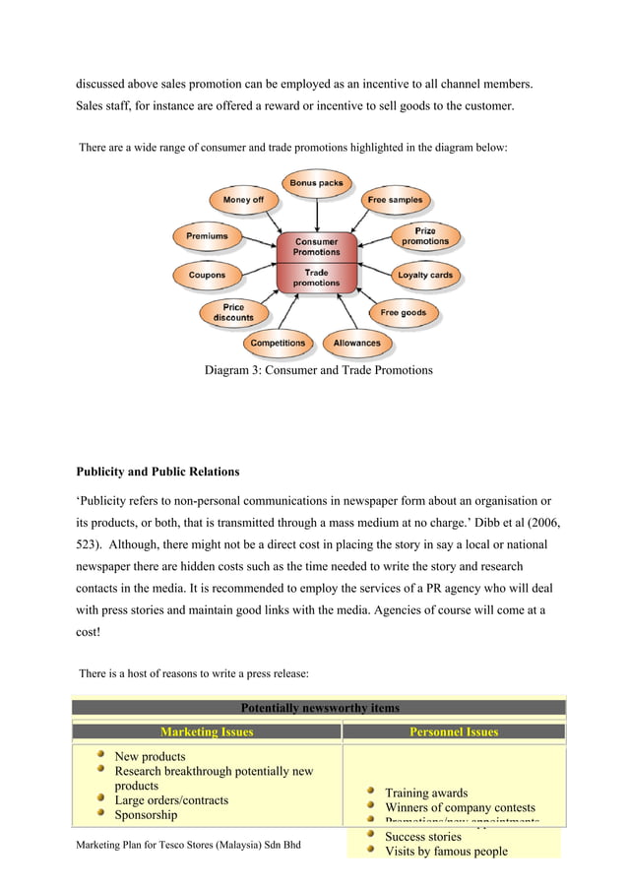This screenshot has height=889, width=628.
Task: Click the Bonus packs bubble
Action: pos(315,183)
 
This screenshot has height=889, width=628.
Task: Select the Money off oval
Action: pos(243,200)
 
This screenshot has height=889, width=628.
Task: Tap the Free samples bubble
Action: pos(395,200)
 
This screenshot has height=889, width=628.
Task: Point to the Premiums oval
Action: pos(207,236)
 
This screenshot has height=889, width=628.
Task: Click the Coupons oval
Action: pos(207,275)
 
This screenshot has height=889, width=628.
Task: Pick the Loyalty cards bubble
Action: pos(425,275)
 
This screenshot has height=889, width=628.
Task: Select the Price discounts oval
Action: pos(233,313)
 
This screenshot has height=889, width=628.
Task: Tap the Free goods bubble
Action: pos(403,313)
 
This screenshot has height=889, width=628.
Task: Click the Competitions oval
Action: pos(278,344)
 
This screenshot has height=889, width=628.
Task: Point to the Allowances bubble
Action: pos(356,344)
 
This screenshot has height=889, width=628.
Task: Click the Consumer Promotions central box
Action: pos(316,246)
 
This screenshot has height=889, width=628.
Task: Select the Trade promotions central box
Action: pos(316,278)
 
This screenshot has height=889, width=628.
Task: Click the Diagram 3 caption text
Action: pos(318,371)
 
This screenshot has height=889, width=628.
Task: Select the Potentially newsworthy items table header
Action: pos(319,707)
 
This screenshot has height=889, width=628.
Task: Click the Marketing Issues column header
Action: pos(207,731)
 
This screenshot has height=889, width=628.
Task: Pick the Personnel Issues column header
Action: pos(453,731)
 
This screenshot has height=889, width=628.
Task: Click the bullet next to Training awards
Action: pos(369,791)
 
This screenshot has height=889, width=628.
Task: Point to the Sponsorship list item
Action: pos(146,815)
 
